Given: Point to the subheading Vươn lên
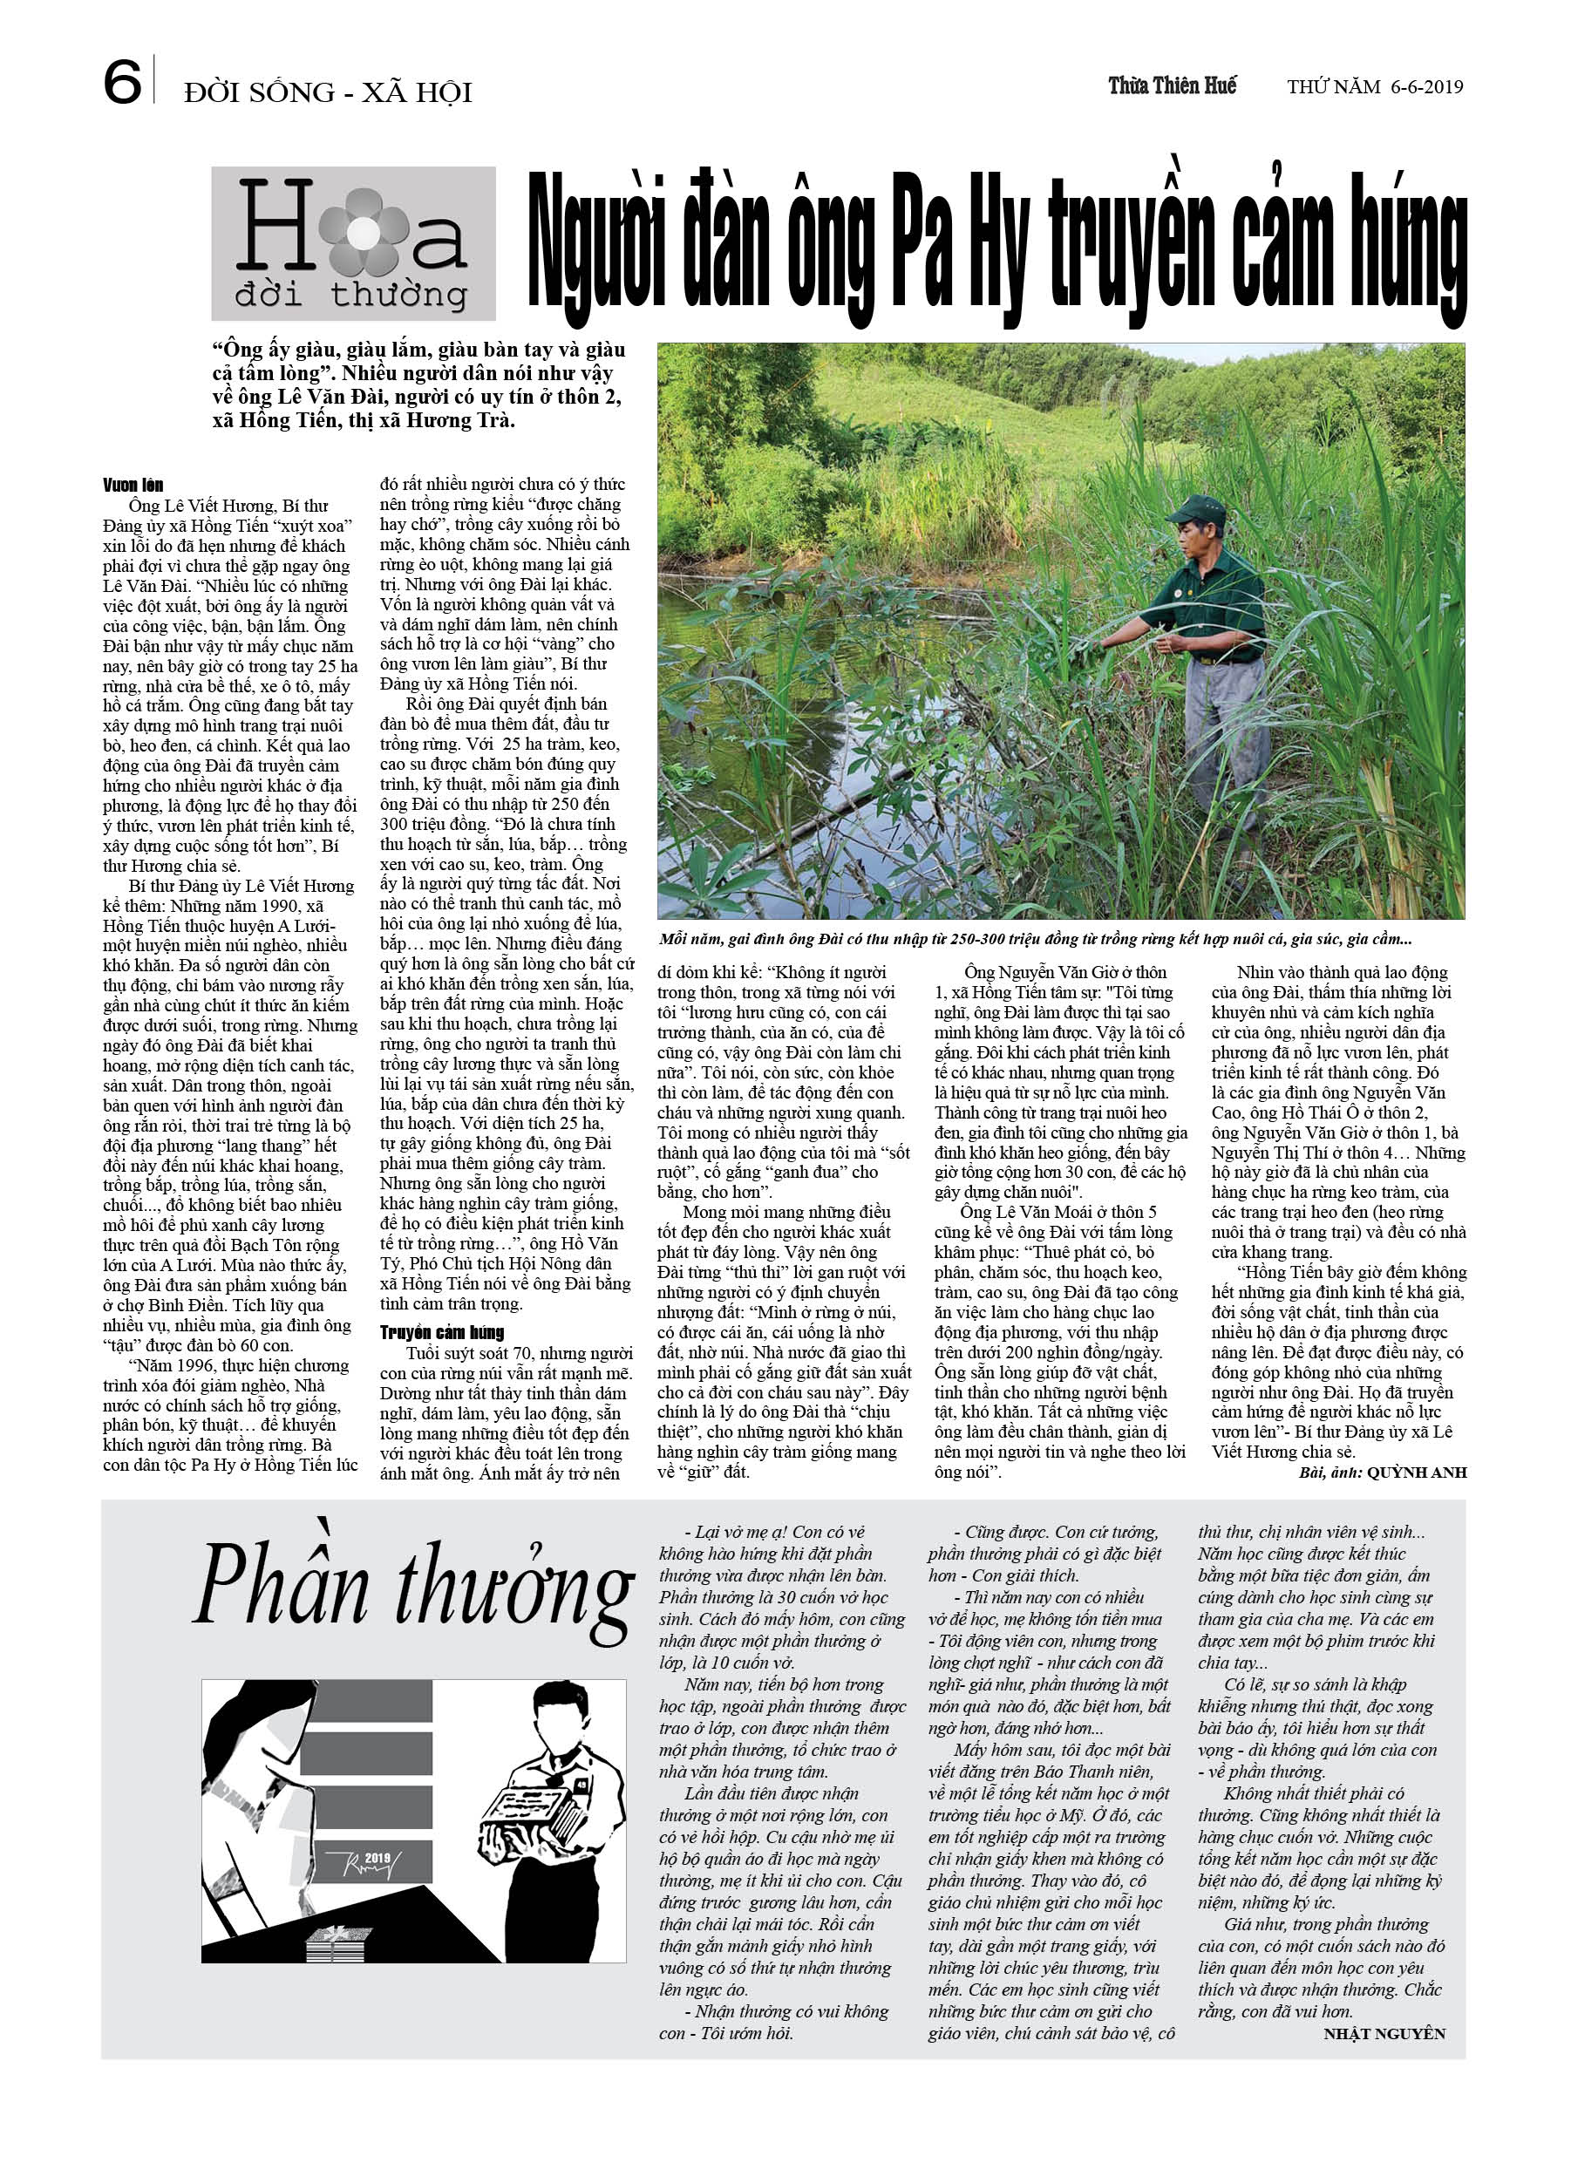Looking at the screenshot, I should [x=133, y=486].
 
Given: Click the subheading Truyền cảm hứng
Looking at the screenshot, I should [x=442, y=1332].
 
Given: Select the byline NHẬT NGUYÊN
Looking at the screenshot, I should [x=1383, y=2033].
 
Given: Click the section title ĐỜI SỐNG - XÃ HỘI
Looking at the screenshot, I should [x=327, y=92].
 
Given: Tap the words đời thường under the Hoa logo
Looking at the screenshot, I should [x=350, y=295].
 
